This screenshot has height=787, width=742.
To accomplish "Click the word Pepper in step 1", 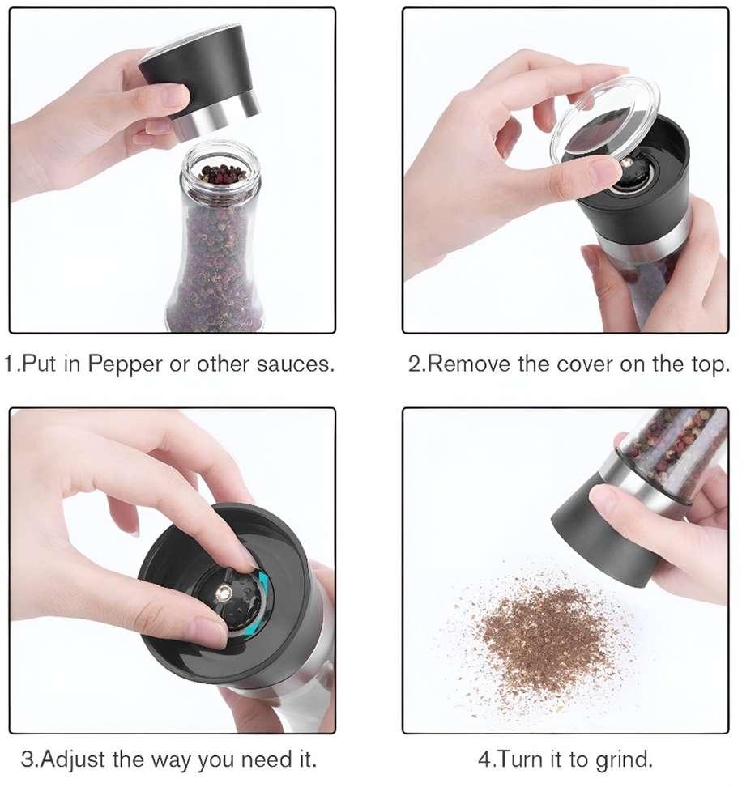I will pyautogui.click(x=125, y=364).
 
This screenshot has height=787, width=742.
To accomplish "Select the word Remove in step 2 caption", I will pyautogui.click(x=471, y=364).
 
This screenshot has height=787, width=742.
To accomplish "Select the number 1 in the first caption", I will pyautogui.click(x=10, y=364).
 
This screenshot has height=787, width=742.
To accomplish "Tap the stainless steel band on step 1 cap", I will pyautogui.click(x=217, y=117).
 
